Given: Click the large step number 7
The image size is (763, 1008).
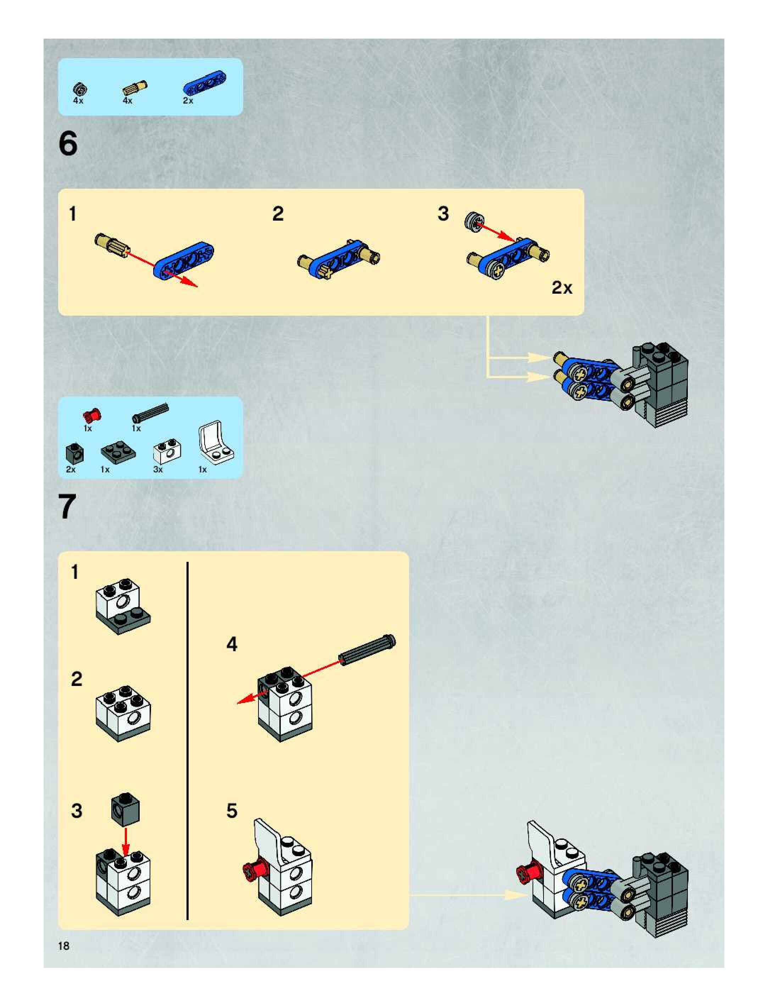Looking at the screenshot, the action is (x=67, y=507).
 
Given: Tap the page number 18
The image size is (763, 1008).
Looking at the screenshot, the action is (x=63, y=946).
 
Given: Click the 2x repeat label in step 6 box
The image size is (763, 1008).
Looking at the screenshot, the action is (x=562, y=288).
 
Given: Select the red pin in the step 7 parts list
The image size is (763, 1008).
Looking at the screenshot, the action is (x=91, y=415).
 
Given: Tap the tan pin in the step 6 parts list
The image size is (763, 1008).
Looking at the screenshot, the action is (x=134, y=88).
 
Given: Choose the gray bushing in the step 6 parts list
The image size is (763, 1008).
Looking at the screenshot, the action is (x=80, y=89).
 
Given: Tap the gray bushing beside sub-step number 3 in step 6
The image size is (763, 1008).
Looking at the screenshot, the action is (x=474, y=222).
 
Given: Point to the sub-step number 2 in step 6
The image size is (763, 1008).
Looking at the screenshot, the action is (x=278, y=214).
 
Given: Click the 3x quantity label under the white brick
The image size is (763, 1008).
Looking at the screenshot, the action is (x=158, y=469).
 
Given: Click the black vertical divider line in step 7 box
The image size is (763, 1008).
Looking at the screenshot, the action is (x=187, y=741).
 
